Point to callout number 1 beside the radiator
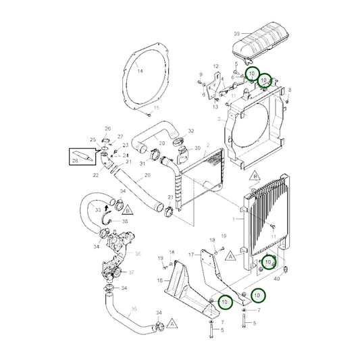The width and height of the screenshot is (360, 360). [x=234, y=220]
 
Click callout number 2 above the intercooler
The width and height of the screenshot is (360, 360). [x=208, y=145]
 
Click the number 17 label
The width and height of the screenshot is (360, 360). [x=192, y=254]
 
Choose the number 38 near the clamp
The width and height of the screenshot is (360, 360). [x=125, y=221]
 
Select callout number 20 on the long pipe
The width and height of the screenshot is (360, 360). [x=147, y=174]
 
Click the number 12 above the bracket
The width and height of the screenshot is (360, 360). [x=216, y=66]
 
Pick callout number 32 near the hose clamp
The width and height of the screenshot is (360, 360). [x=191, y=130]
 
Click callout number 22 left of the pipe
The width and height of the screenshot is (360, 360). [x=95, y=175]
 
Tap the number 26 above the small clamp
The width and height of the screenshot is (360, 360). [x=107, y=128]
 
